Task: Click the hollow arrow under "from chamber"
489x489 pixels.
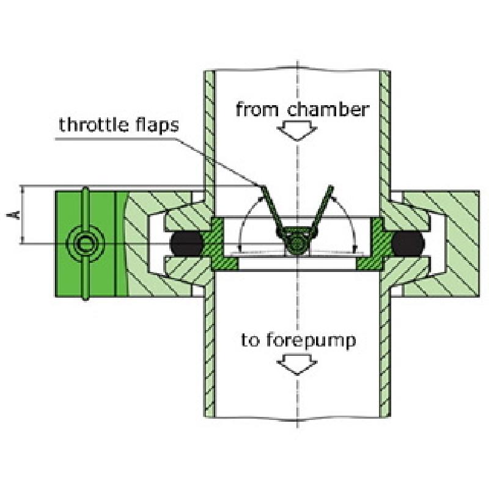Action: tap(297, 130)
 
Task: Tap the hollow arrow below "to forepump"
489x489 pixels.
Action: tap(297, 366)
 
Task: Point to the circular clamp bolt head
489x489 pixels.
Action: tap(84, 243)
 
